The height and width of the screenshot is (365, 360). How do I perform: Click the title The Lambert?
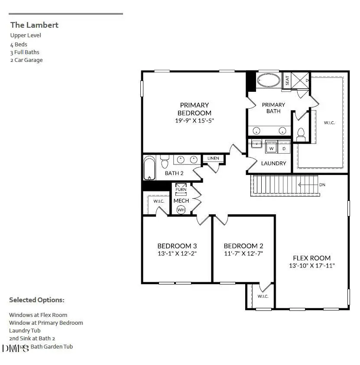[x=34, y=25]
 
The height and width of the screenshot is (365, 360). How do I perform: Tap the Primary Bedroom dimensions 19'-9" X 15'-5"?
[x=195, y=121]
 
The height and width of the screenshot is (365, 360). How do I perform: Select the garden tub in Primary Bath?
[x=269, y=81]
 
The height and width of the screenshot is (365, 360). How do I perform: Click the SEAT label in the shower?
[x=287, y=81]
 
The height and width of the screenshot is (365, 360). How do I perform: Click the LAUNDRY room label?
[x=273, y=163]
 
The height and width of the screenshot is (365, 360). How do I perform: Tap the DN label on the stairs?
[x=322, y=185]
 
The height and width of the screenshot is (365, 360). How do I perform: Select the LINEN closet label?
[x=213, y=158]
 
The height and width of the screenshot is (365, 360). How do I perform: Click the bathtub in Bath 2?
[x=149, y=168]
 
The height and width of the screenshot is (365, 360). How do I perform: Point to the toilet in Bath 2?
[x=164, y=162]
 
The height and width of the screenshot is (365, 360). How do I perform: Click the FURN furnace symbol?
[x=181, y=189]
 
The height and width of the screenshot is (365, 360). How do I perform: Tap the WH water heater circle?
[x=181, y=210]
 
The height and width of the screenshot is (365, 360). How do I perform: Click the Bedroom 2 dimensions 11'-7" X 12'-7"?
[x=243, y=253]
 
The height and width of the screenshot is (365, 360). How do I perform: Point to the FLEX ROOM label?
[x=311, y=258]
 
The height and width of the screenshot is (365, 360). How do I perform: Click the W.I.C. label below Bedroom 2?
[x=263, y=297]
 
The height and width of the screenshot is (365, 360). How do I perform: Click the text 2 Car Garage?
[x=26, y=60]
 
